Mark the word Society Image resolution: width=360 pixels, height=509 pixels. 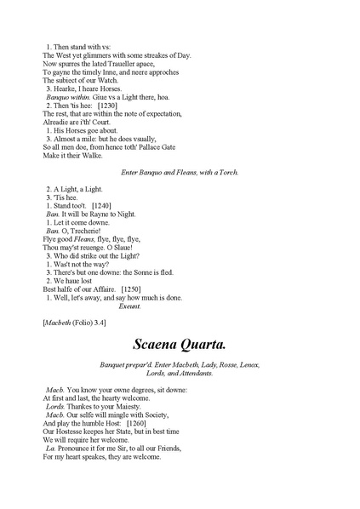[x=148, y=415]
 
